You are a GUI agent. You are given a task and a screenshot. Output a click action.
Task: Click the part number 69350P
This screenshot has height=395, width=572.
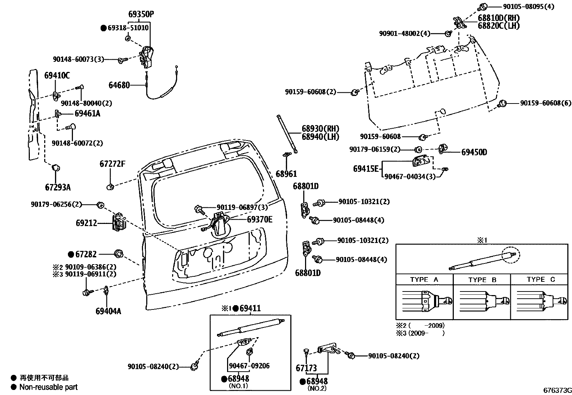click(x=141, y=14)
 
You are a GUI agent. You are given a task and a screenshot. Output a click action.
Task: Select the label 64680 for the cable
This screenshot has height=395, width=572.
click(x=119, y=85)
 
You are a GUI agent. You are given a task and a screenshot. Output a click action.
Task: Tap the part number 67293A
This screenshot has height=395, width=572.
click(x=58, y=187)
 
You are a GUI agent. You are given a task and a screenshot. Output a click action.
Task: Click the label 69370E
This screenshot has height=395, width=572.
click(x=259, y=219)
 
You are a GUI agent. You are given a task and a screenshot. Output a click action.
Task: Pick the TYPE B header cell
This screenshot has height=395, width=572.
click(x=482, y=280)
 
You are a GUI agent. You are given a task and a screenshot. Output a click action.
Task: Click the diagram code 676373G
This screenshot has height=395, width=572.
click(x=557, y=390)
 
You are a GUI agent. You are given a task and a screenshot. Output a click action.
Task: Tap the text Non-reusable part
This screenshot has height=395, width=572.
click(x=49, y=387)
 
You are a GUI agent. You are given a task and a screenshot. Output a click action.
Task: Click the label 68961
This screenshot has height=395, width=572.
click(x=286, y=174)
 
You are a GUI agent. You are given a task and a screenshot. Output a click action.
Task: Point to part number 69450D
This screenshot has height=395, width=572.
click(x=474, y=152)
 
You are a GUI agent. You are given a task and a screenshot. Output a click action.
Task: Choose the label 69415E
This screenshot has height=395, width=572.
click(x=366, y=169)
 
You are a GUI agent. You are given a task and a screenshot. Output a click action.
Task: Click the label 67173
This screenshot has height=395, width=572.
click(x=306, y=368)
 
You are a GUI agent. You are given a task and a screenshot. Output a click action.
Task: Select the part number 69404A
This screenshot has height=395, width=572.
click(x=108, y=311)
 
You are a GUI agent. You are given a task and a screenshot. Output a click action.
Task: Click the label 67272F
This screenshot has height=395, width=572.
click(x=112, y=164)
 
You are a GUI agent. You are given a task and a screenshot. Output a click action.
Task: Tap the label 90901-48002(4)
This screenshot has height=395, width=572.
click(x=405, y=33)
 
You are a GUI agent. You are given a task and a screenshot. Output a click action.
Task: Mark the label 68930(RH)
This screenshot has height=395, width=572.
click(x=320, y=129)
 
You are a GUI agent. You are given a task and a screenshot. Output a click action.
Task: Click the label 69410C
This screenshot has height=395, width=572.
click(x=57, y=75)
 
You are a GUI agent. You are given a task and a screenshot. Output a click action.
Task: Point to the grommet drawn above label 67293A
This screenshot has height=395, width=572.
click(x=56, y=167)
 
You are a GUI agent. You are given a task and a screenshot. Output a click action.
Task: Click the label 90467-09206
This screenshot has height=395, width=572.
click(x=249, y=366)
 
